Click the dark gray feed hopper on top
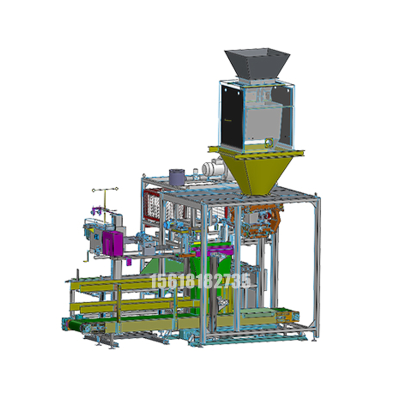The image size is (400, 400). pyautogui.click(x=257, y=63)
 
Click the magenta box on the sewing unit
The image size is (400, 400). pyautogui.click(x=112, y=243)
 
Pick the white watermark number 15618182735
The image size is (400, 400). pyautogui.click(x=200, y=281)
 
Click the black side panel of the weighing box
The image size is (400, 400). pyautogui.click(x=231, y=116)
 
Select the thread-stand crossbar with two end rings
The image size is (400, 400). pyautogui.click(x=105, y=189)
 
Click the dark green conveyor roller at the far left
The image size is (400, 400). pyautogui.click(x=74, y=326)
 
